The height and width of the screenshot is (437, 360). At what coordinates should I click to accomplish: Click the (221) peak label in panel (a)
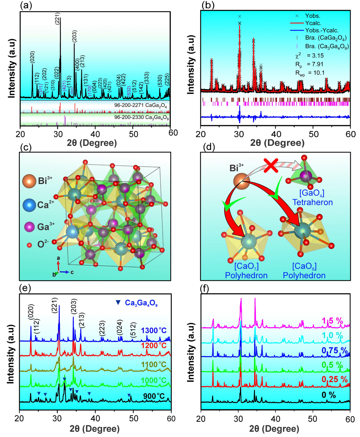coord(57,18)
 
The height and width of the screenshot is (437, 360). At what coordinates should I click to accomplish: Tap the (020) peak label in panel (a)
coord(32,57)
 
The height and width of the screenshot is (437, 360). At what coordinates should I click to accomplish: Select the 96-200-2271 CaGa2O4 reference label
coord(140,106)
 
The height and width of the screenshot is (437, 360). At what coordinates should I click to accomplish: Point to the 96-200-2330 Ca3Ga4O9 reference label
coord(141,117)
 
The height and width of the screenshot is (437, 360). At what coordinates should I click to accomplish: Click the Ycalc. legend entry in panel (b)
coord(313,23)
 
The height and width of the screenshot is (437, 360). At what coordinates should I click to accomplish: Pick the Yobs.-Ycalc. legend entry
coord(322,30)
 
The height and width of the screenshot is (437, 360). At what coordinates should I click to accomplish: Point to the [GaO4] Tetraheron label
coord(312,198)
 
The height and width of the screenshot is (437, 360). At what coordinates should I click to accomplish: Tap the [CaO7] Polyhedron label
coord(246,271)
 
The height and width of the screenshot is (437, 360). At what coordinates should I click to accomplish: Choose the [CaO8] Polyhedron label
coord(304,271)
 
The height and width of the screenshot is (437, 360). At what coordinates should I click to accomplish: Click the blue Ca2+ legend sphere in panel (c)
coord(30,205)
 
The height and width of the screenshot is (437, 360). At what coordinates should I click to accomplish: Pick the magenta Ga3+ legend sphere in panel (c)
coord(29,227)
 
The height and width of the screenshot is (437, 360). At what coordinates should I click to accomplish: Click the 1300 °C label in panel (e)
coord(154,331)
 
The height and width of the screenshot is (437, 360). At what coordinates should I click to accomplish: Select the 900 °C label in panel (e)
coord(154,396)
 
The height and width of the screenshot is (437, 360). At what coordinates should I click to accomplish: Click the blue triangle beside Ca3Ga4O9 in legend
coord(118,303)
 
